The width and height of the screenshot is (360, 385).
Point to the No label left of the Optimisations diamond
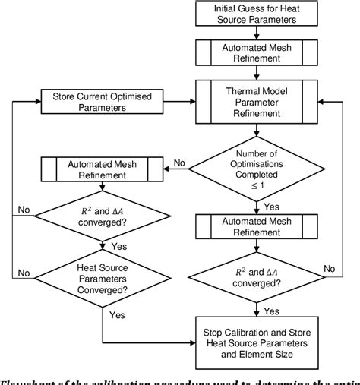(x=179, y=161)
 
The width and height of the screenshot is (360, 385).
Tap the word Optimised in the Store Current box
(x=134, y=97)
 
